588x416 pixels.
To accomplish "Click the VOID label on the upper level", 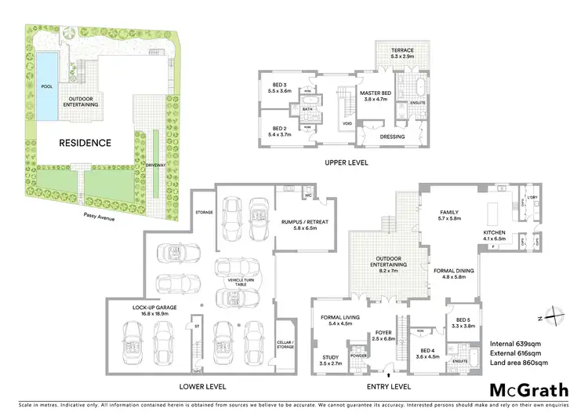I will (347, 124).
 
